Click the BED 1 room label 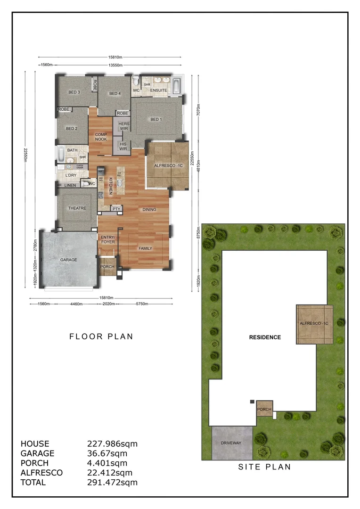tap(156, 119)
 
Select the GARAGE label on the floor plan tap(69, 260)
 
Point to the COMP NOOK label tap(101, 137)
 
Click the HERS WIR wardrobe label tap(124, 126)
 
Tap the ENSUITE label tap(159, 90)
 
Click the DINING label tap(149, 209)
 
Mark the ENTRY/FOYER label tap(108, 239)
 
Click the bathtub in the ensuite tap(177, 86)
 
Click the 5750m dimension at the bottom tap(141, 304)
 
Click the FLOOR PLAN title tap(101, 337)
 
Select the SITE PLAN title tap(264, 467)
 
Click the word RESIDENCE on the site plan tap(265, 337)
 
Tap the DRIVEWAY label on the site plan tap(231, 443)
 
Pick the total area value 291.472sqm tap(112, 482)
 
